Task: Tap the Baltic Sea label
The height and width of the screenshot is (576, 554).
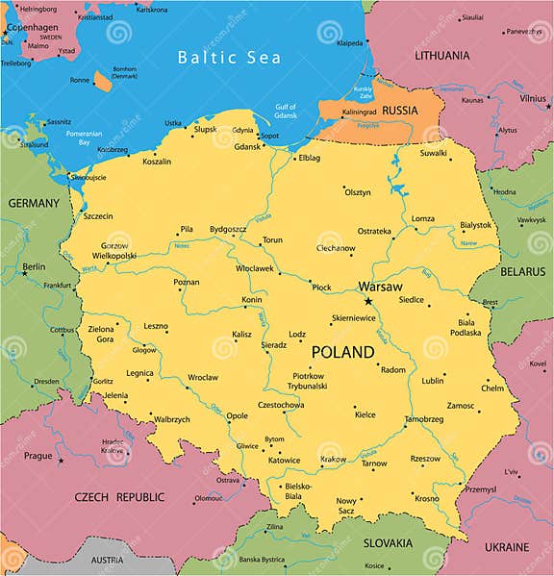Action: tap(229, 58)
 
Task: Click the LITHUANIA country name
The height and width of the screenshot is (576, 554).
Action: tap(442, 56)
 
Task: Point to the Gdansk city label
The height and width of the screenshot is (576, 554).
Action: tap(247, 146)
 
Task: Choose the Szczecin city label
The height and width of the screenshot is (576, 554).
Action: tap(98, 216)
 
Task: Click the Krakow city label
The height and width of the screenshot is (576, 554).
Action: tap(334, 460)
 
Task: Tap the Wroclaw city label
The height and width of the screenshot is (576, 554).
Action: tap(203, 378)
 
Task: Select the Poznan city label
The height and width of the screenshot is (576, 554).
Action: tap(187, 282)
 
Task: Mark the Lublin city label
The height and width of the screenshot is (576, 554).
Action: tap(433, 380)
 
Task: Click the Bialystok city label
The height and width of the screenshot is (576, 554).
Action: tap(475, 224)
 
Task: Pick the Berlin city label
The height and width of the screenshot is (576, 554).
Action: tap(34, 266)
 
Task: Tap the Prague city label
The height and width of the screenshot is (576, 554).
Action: tap(38, 455)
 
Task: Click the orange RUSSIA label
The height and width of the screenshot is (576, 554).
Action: tap(400, 111)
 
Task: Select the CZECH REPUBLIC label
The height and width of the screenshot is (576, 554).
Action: tap(119, 497)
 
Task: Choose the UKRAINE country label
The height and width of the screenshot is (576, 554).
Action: tap(506, 546)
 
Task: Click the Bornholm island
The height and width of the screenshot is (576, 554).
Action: tap(103, 82)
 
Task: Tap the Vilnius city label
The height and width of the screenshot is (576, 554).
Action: tap(533, 97)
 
